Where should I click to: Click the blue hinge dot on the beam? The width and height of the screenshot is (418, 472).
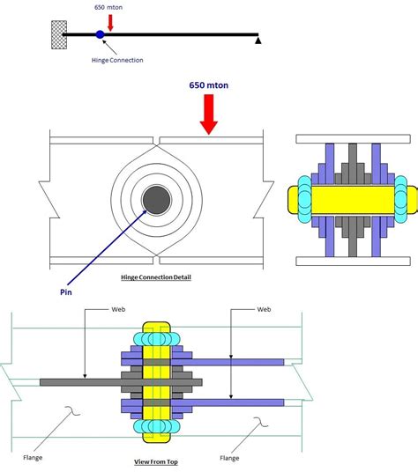100,34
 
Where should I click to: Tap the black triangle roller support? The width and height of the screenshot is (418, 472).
258,41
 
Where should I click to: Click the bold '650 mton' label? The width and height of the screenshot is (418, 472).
209,86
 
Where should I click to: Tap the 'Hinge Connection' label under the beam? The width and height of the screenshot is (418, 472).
116,60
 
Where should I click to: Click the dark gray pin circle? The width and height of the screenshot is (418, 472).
157,200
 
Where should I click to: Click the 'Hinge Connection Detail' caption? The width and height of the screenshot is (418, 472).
156,277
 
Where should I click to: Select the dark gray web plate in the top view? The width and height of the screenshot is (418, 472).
79,381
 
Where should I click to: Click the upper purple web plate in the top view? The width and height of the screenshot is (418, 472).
238,361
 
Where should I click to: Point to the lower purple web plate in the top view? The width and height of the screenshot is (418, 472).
238,402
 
